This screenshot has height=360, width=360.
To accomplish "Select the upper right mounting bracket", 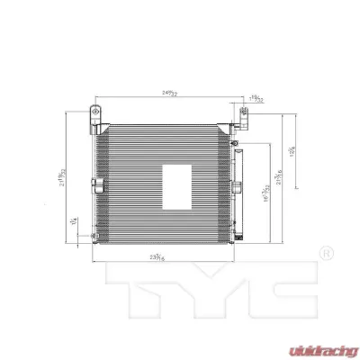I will pyautogui.click(x=245, y=114).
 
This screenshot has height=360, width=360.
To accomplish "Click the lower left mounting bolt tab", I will pyautogui.click(x=92, y=237).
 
